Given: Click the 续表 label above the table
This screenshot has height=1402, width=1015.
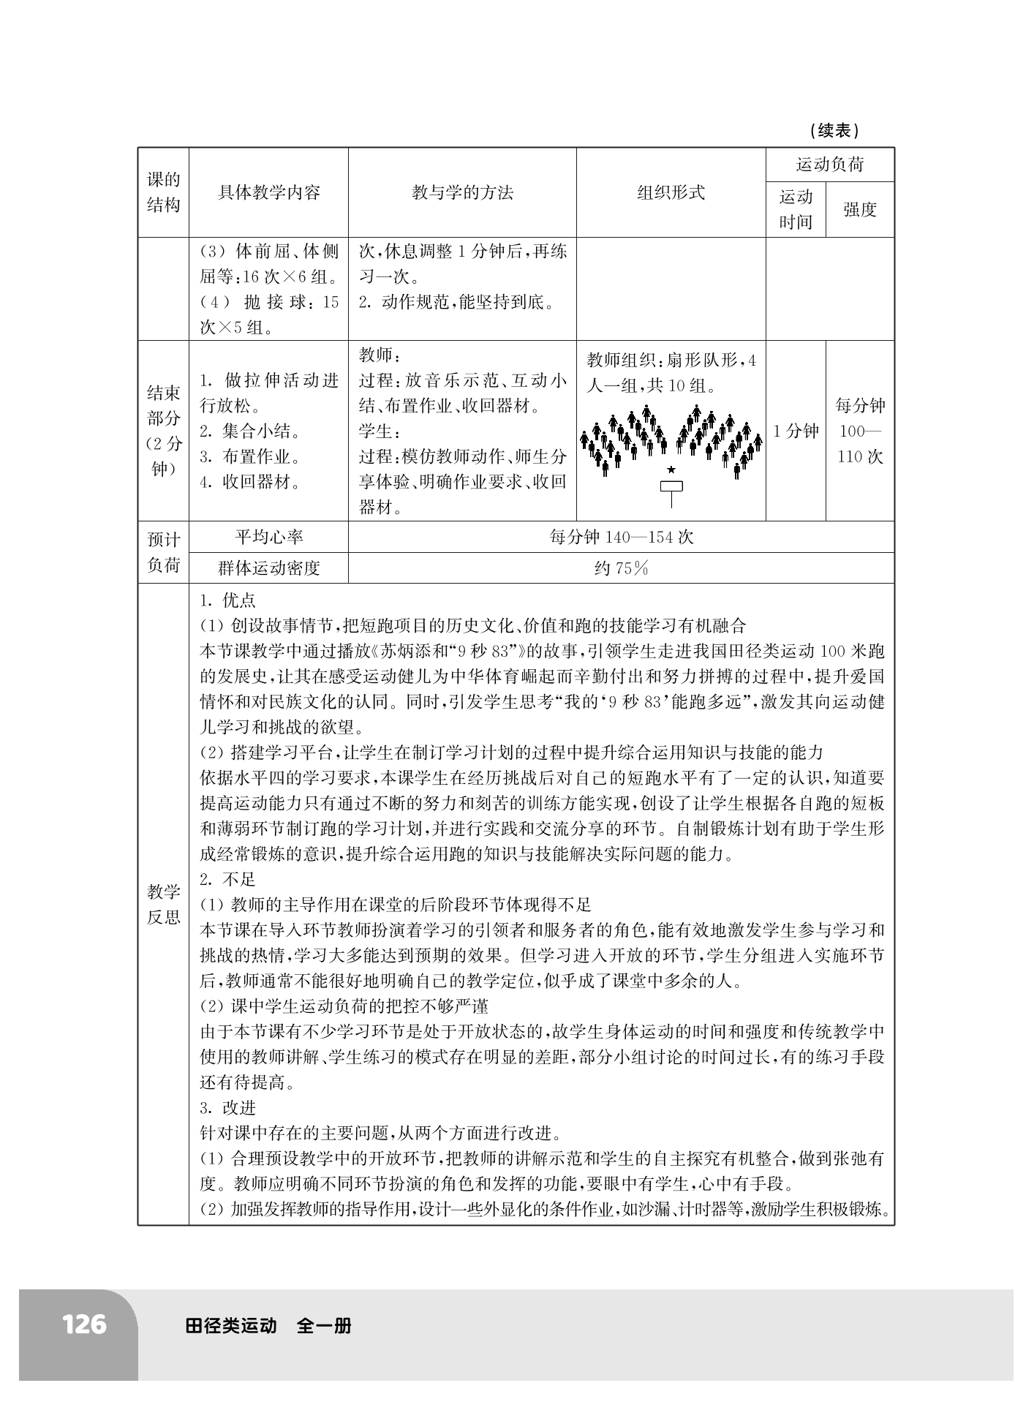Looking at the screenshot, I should (834, 131).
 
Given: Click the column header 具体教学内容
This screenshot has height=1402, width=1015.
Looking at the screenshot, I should (268, 193).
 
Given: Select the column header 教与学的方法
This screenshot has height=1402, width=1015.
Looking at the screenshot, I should (462, 193).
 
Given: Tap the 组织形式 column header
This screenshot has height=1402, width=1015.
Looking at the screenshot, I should (671, 193).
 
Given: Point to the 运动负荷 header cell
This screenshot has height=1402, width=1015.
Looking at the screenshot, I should (829, 165).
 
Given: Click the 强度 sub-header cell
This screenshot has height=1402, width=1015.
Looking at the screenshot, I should (859, 210).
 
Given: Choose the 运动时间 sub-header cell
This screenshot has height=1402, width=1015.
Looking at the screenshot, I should (796, 210).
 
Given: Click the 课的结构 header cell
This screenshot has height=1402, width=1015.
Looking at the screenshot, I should (163, 192).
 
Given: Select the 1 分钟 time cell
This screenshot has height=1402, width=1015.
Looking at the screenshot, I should (796, 431).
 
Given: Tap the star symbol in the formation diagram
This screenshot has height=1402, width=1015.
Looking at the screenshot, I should (671, 470).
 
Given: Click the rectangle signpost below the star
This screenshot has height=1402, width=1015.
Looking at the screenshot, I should (671, 487).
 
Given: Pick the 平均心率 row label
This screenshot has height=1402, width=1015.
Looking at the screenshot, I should (268, 537).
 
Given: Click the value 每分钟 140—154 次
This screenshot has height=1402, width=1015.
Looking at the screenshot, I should (621, 537).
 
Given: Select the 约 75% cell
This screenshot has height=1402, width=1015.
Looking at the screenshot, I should (621, 568).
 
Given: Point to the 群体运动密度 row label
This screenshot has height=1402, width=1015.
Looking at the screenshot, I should (268, 568).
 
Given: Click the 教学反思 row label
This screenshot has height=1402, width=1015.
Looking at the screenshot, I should (163, 904).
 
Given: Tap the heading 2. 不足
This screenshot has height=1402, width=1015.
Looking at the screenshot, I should (227, 879).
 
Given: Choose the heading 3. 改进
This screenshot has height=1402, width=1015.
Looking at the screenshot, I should (227, 1107).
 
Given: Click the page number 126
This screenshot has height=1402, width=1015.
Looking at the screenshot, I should (84, 1324).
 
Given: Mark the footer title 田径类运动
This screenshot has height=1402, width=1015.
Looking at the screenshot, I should (231, 1325).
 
